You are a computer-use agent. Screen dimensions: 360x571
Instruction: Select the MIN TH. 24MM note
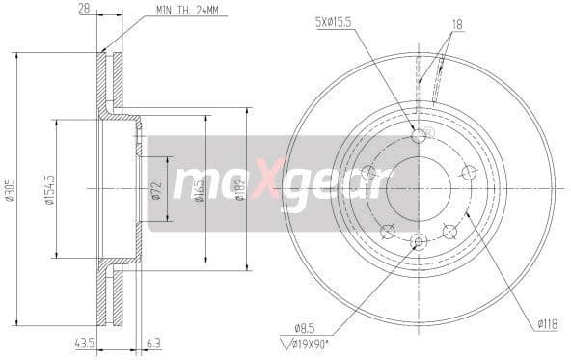tap(189, 13)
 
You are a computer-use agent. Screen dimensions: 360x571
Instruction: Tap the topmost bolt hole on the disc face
tap(418, 136)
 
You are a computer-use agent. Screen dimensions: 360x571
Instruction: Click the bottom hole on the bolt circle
tap(418, 240)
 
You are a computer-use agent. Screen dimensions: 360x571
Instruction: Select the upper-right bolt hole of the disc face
tap(469, 172)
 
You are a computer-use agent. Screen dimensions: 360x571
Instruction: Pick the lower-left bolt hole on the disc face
tap(387, 230)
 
